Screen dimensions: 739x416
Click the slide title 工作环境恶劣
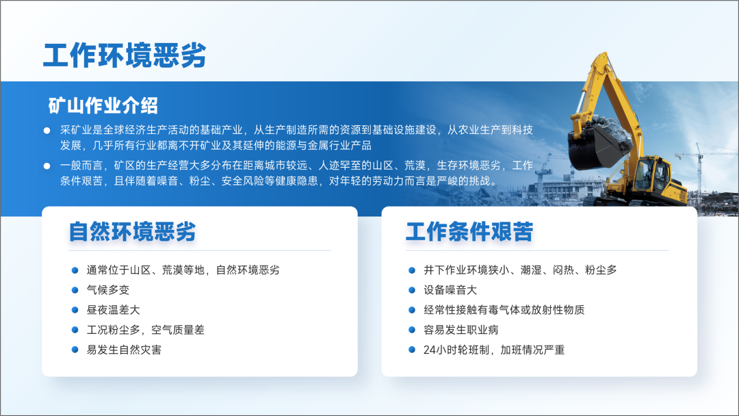pos(125,55)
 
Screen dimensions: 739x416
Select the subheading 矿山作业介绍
pos(103,105)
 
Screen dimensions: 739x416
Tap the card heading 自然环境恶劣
pos(132,231)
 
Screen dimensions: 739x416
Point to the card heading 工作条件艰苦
pos(469,231)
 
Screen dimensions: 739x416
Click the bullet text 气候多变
pos(108,289)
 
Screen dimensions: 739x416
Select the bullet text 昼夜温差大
pos(113,310)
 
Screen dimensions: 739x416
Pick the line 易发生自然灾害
pos(124,350)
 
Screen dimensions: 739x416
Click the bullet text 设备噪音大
pos(450,289)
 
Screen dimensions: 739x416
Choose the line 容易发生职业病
pos(461,330)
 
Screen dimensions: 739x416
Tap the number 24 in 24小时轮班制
pos(429,350)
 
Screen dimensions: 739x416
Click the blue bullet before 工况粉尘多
pos(75,330)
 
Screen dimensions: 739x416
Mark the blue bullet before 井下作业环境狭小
pos(411,270)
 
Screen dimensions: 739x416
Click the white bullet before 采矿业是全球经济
pos(47,130)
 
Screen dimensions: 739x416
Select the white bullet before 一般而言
pos(47,166)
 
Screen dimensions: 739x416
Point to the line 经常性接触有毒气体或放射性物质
pos(504,310)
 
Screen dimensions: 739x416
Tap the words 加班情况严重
pos(532,350)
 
